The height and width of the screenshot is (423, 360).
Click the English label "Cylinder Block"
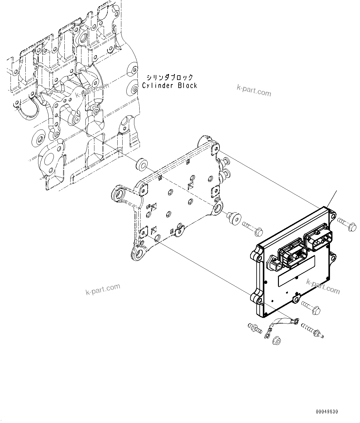[x=170, y=86]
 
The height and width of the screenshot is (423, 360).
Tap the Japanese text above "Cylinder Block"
[x=170, y=77]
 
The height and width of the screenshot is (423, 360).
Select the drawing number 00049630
[x=327, y=412]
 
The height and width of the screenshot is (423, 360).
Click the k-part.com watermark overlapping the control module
[x=323, y=286]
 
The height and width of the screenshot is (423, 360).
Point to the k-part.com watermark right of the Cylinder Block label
[x=254, y=90]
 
